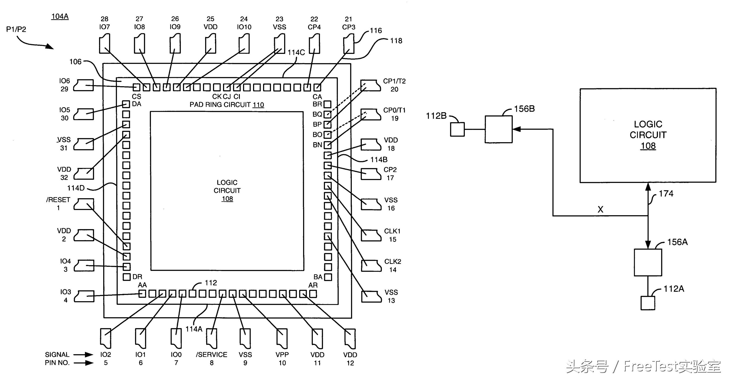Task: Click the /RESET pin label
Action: pos(58,200)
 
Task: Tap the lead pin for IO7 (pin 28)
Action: pos(105,44)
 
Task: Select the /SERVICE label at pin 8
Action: pos(212,355)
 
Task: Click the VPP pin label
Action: pos(282,355)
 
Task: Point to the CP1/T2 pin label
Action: pos(394,81)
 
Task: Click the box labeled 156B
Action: pos(499,129)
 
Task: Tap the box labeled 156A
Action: pos(648,263)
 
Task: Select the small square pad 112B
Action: pos(457,130)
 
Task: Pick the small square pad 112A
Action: pos(648,303)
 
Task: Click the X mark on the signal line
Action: pos(600,209)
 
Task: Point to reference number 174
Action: pos(666,194)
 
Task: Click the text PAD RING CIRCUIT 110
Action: pos(227,105)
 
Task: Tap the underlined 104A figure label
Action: pos(60,16)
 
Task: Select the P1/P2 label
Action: pos(16,29)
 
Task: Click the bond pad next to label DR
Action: pos(127,277)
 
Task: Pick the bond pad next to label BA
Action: pos(328,277)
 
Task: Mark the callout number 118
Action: pos(396,41)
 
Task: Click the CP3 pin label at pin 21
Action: pos(349,27)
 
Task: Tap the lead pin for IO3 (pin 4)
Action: pos(84,296)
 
